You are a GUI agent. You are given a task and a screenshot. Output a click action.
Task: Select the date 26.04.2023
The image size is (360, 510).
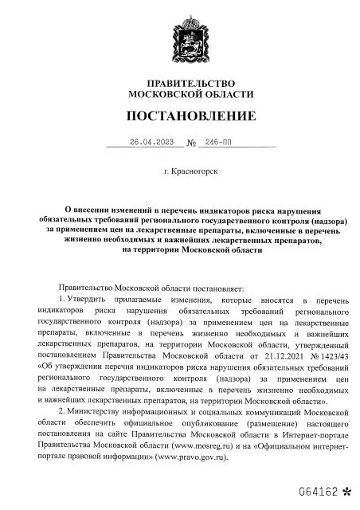pos(151,143)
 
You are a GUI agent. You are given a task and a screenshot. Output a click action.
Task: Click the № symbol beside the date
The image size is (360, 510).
pos(191,144)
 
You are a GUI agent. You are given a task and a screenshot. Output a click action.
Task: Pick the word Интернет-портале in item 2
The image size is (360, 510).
pos(313,436)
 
